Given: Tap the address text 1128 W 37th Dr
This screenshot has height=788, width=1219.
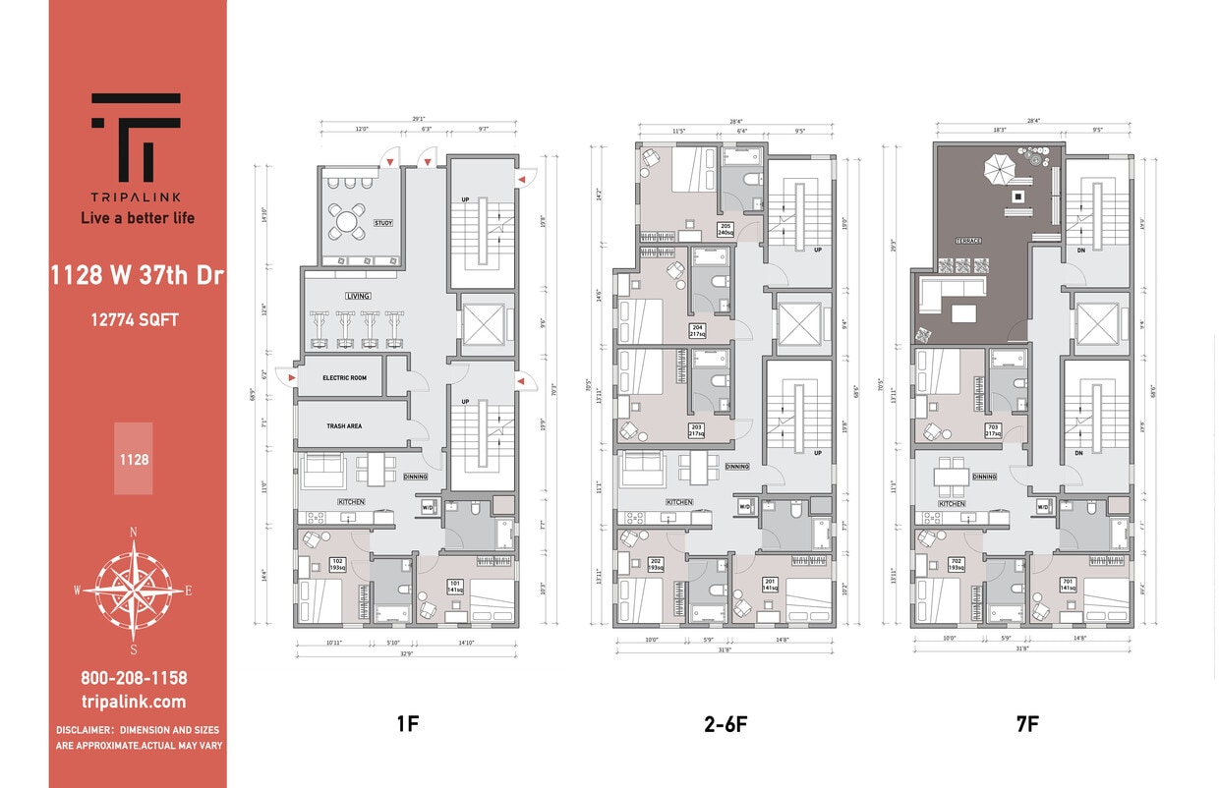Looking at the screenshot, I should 138,276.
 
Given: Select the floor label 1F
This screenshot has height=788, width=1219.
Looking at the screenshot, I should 407,725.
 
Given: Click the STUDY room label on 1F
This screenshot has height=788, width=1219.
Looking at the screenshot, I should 383,223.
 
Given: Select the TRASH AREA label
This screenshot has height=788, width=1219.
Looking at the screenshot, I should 345,426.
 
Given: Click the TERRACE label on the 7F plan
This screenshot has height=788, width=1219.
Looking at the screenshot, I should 969,240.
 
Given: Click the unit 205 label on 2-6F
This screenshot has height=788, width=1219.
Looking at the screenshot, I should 726,230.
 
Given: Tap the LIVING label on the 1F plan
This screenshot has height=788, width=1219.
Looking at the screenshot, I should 357,296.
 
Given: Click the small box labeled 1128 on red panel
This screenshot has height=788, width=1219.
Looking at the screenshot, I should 134,458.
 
